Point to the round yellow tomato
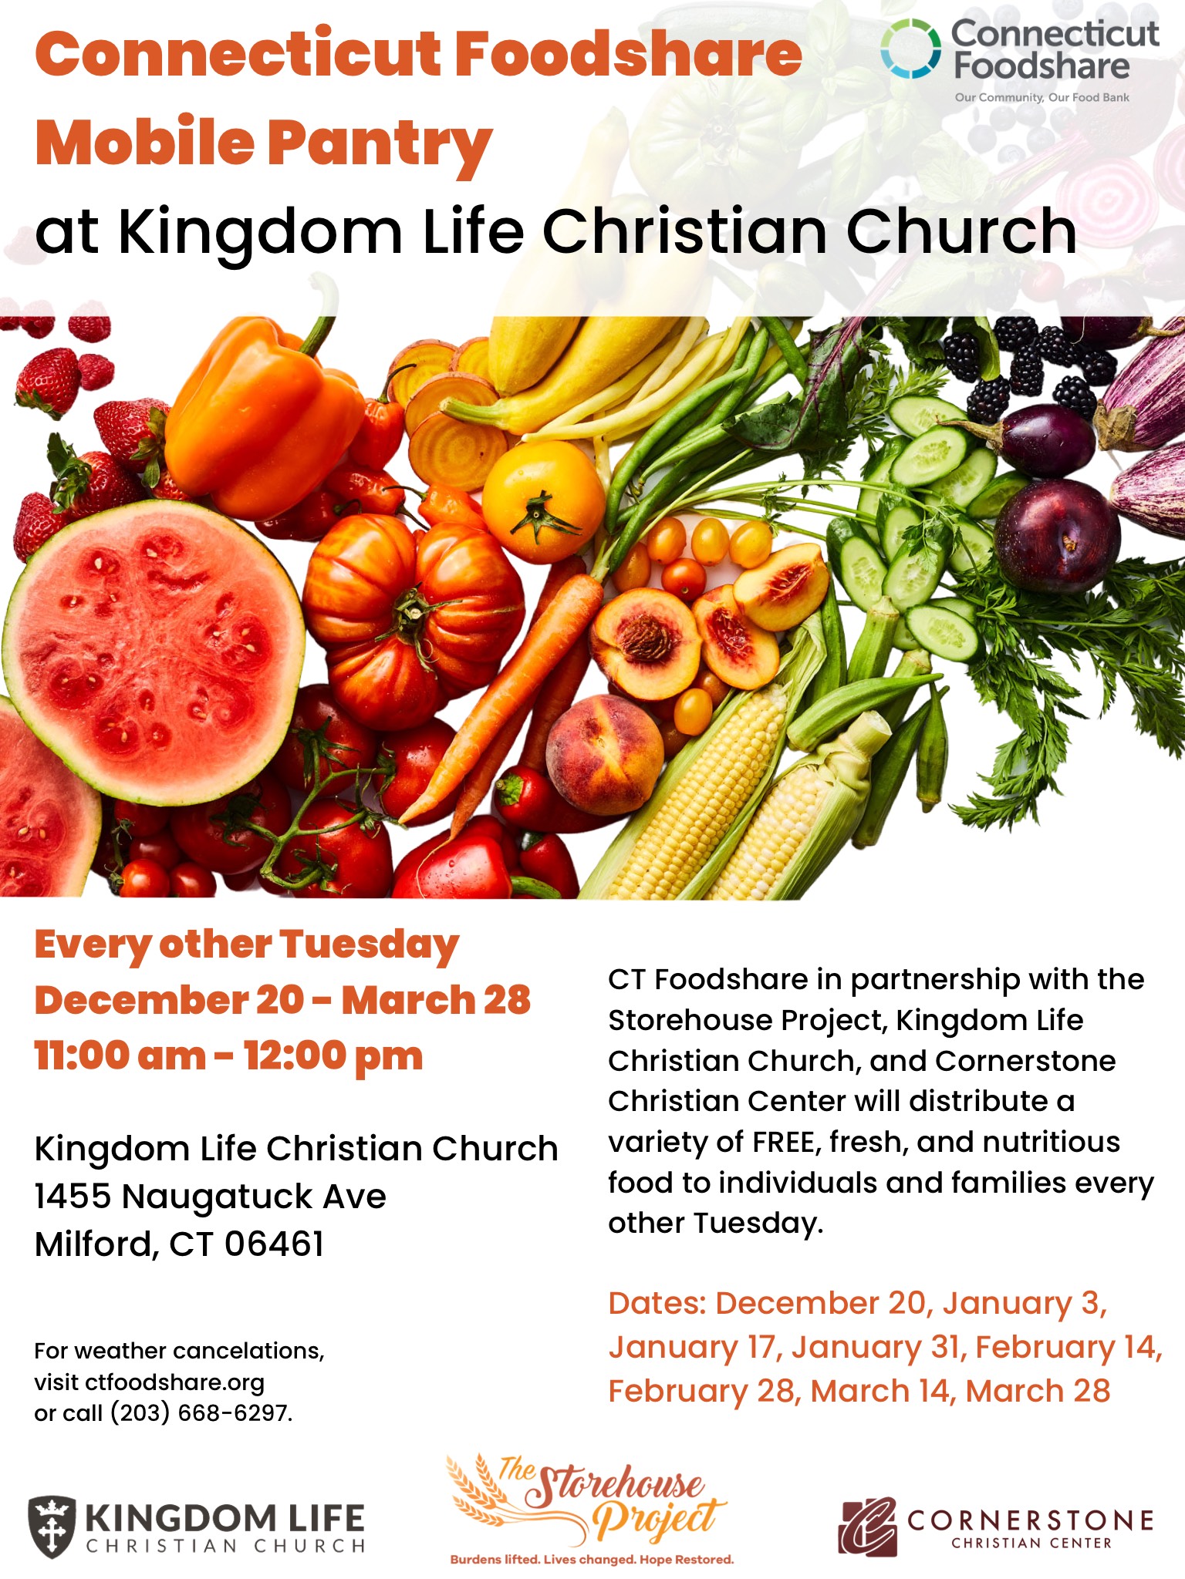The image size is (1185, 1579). point(544,501)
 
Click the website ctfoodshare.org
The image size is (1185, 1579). point(175,1382)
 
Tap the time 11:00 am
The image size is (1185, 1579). point(120,1056)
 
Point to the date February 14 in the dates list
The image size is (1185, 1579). point(1069,1348)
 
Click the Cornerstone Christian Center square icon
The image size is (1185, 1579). point(868,1527)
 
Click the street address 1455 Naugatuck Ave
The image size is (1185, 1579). point(210,1197)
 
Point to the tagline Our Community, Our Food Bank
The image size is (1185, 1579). point(1042,98)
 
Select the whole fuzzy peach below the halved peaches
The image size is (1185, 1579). point(605,744)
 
